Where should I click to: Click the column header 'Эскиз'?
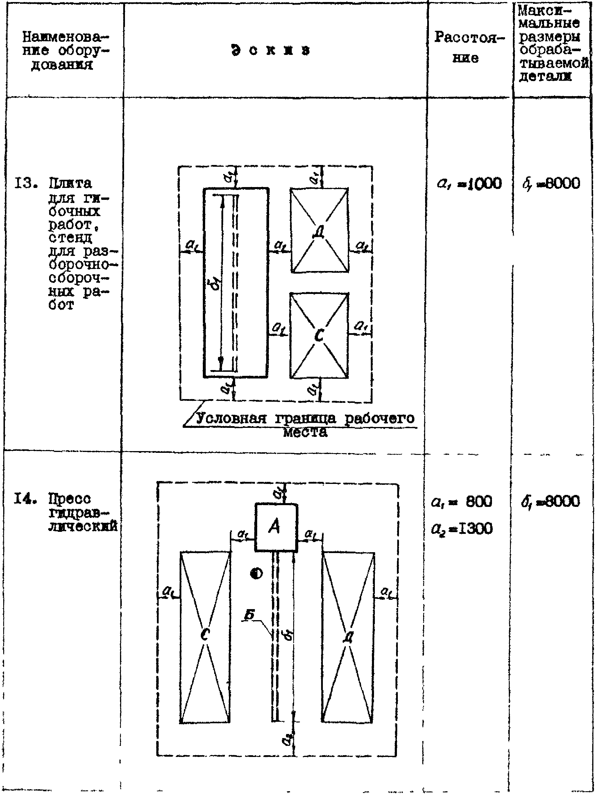pos(270,50)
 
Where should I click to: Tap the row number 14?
pos(25,499)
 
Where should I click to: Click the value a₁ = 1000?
pos(469,184)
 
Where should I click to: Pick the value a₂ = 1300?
pos(462,529)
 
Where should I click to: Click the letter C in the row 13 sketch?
pos(319,335)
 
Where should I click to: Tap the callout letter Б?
pos(249,615)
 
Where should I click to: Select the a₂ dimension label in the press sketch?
pos(287,738)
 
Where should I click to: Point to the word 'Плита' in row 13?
pos(70,184)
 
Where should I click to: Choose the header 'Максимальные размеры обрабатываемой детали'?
pos(552,44)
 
